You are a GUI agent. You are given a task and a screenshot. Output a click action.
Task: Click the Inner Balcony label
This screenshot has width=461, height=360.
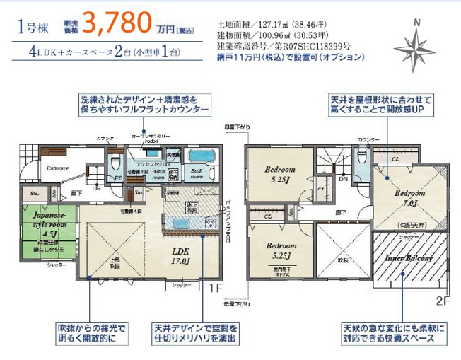click(408, 260)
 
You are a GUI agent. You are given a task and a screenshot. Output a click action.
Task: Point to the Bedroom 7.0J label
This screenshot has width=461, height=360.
click(410, 198)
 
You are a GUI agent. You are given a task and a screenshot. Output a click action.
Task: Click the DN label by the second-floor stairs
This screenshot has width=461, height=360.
click(343, 180)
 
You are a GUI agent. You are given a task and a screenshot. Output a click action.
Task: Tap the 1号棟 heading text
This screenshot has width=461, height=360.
click(33, 28)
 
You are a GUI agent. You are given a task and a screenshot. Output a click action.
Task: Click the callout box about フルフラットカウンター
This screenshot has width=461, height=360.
click(145, 105)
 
